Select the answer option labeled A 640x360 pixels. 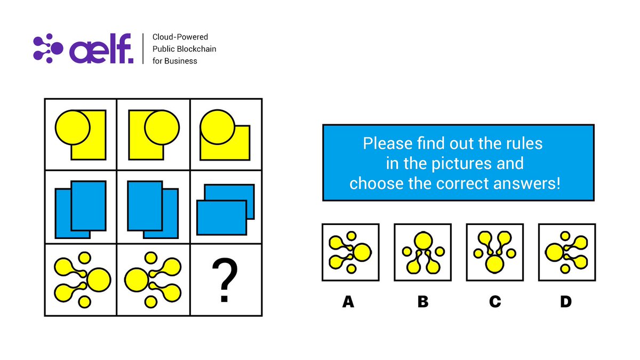click(x=350, y=252)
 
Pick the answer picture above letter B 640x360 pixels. click(x=422, y=252)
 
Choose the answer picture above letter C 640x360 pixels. click(x=494, y=252)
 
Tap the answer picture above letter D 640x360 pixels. click(x=566, y=252)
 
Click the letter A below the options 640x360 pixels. click(x=348, y=302)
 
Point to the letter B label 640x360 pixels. click(x=422, y=302)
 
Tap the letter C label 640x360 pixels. click(x=494, y=302)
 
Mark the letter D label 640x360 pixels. click(x=566, y=302)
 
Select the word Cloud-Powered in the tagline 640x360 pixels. click(x=180, y=37)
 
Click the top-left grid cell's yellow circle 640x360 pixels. click(x=73, y=127)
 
